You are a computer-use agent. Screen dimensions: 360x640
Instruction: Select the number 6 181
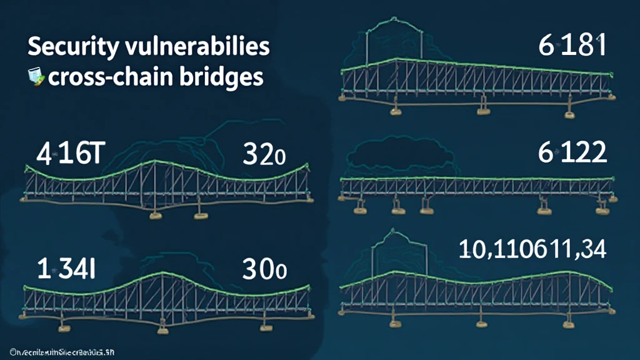(572, 46)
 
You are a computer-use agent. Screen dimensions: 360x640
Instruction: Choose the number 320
(264, 154)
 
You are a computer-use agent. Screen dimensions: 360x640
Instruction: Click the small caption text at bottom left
(59, 348)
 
